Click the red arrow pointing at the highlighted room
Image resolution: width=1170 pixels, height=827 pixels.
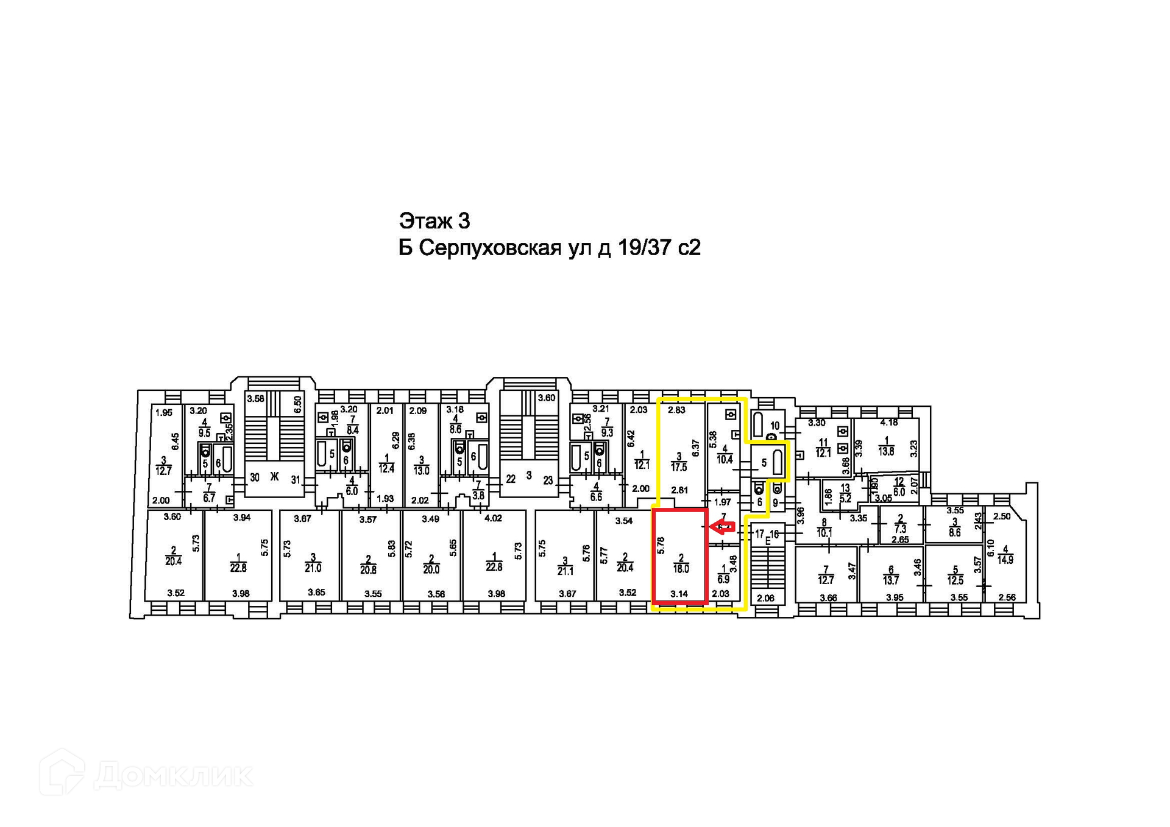point(723,527)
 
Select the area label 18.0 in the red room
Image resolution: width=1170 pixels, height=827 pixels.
point(681,569)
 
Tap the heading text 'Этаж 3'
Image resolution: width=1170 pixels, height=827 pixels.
point(434,220)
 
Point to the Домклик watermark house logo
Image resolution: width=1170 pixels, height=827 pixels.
point(62,773)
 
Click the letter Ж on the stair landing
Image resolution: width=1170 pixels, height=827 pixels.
point(274,477)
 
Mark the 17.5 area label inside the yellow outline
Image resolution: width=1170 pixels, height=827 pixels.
point(679,467)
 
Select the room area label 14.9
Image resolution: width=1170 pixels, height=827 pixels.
point(1005,560)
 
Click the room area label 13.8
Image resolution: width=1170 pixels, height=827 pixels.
point(886,451)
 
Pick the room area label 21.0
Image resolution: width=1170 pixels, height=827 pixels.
point(313,568)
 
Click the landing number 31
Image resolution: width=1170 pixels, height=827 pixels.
point(296,480)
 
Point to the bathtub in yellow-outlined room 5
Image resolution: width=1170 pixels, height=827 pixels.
point(777,462)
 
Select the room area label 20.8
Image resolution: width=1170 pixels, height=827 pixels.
point(368,570)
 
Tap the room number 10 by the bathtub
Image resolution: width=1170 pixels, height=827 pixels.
point(775,426)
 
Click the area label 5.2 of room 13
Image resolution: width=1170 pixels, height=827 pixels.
point(845,498)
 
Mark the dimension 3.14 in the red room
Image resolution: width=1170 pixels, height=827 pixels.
point(679,594)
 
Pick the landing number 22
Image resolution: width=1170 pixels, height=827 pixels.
point(511,479)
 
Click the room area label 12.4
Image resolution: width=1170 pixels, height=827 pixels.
point(386,469)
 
